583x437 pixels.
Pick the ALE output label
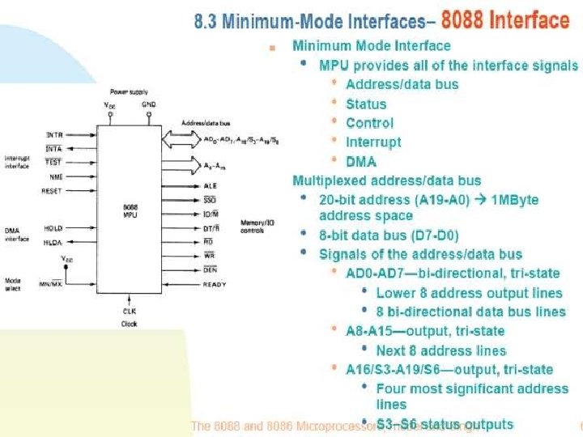pos(210,185)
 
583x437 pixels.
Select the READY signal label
pos(215,285)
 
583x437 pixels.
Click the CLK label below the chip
pos(130,310)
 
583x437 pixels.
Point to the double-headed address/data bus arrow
pos(179,141)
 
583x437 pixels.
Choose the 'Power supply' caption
pos(130,92)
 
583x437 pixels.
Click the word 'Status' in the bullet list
pos(366,104)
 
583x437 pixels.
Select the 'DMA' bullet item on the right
pos(361,161)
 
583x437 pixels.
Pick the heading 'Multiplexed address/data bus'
pos(386,180)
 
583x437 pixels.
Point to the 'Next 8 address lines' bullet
pos(440,350)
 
